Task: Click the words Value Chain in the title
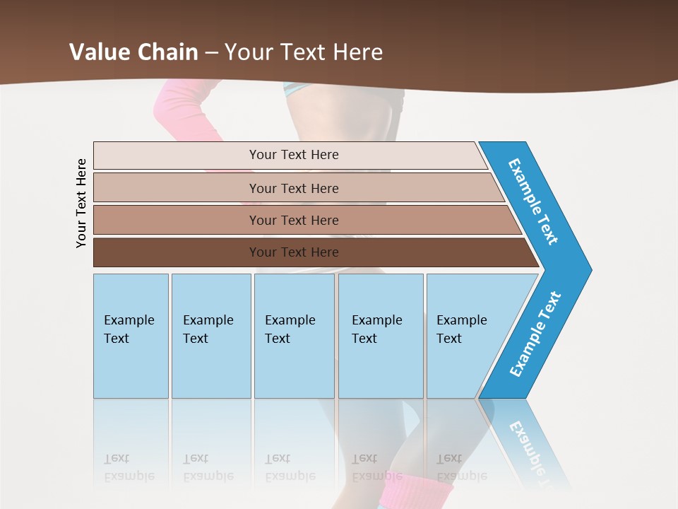point(133,52)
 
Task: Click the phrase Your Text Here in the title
point(304,52)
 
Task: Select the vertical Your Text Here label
point(81,203)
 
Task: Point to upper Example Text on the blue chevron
point(534,201)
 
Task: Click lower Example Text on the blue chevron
point(535,334)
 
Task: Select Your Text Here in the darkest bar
point(294,252)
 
